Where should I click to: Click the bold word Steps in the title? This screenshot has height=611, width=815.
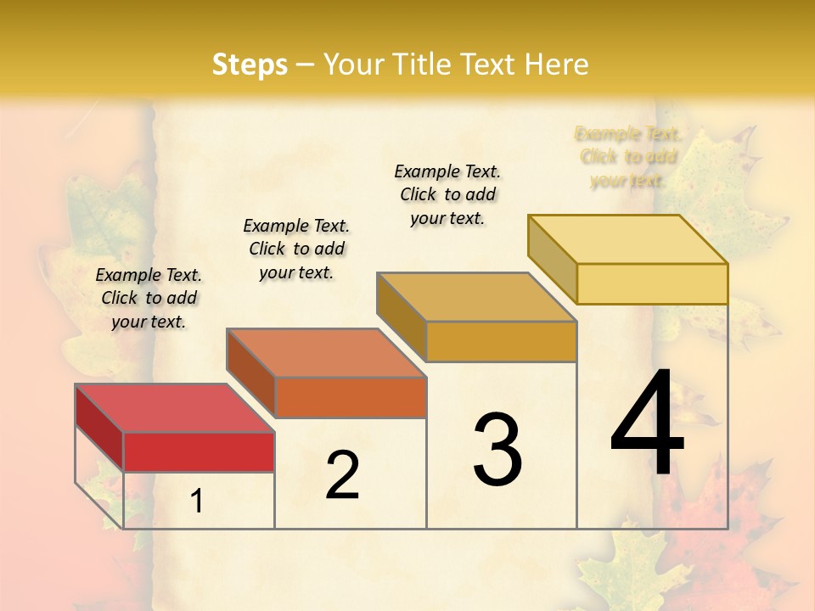pyautogui.click(x=250, y=64)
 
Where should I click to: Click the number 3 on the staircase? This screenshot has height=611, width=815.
pyautogui.click(x=497, y=449)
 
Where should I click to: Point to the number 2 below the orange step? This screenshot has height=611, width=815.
pyautogui.click(x=342, y=475)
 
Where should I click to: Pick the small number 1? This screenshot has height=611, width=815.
pyautogui.click(x=197, y=502)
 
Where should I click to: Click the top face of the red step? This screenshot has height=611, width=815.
pyautogui.click(x=174, y=407)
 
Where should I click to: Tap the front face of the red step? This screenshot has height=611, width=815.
pyautogui.click(x=199, y=451)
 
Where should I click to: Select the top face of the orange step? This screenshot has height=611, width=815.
pyautogui.click(x=326, y=352)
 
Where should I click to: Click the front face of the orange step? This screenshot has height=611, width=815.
pyautogui.click(x=351, y=397)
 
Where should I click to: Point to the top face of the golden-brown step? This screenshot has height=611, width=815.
pyautogui.click(x=476, y=297)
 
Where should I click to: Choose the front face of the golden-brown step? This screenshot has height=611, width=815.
pyautogui.click(x=501, y=341)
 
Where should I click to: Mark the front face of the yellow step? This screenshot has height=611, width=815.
pyautogui.click(x=652, y=283)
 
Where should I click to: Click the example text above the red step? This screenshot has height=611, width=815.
pyautogui.click(x=149, y=298)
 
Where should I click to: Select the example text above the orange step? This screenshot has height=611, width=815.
pyautogui.click(x=296, y=249)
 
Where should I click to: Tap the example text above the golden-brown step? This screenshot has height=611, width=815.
pyautogui.click(x=447, y=194)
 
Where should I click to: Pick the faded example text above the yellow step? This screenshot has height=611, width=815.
pyautogui.click(x=628, y=156)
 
